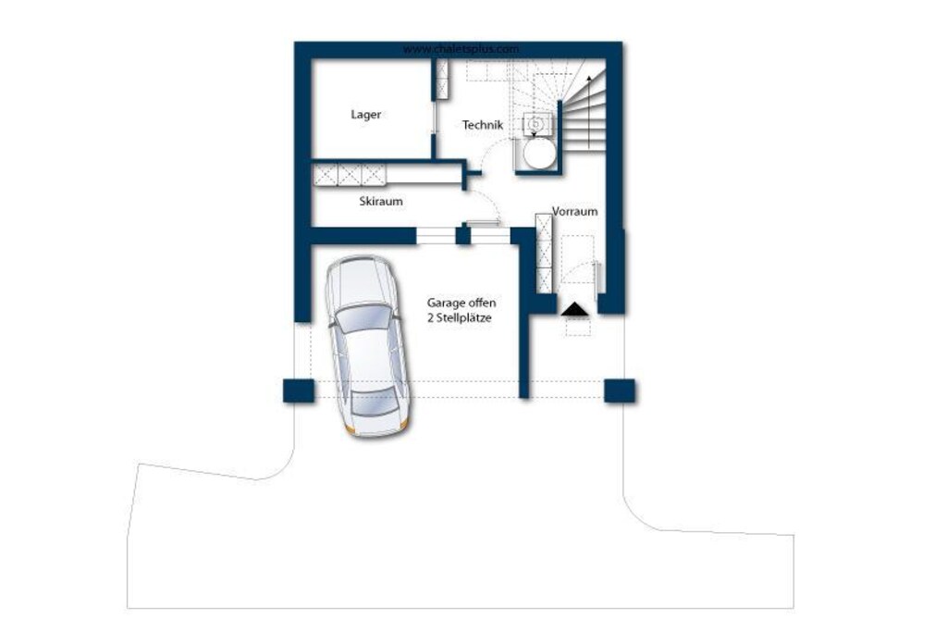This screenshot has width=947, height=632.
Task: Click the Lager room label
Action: pyautogui.click(x=366, y=114)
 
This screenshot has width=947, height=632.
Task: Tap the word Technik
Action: pyautogui.click(x=483, y=125)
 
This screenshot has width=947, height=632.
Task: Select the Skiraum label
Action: pyautogui.click(x=380, y=201)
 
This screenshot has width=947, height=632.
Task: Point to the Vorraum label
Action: pyautogui.click(x=575, y=212)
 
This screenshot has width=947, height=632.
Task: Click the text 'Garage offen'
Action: pyautogui.click(x=461, y=303)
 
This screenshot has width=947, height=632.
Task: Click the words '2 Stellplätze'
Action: pyautogui.click(x=460, y=317)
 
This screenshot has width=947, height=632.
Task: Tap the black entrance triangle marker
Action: pyautogui.click(x=574, y=309)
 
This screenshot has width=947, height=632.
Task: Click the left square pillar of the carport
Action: pyautogui.click(x=299, y=390)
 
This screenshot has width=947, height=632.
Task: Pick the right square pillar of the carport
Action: pyautogui.click(x=619, y=390)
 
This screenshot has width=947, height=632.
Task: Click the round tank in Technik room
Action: pyautogui.click(x=539, y=155)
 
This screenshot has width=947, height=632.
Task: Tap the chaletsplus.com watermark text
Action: pyautogui.click(x=461, y=49)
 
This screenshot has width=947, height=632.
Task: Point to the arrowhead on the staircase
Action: pyautogui.click(x=589, y=79)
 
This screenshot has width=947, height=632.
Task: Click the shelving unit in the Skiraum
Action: pyautogui.click(x=349, y=175)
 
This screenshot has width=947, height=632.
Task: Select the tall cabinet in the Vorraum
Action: pyautogui.click(x=544, y=253)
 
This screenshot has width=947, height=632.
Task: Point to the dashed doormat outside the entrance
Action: pyautogui.click(x=578, y=327)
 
